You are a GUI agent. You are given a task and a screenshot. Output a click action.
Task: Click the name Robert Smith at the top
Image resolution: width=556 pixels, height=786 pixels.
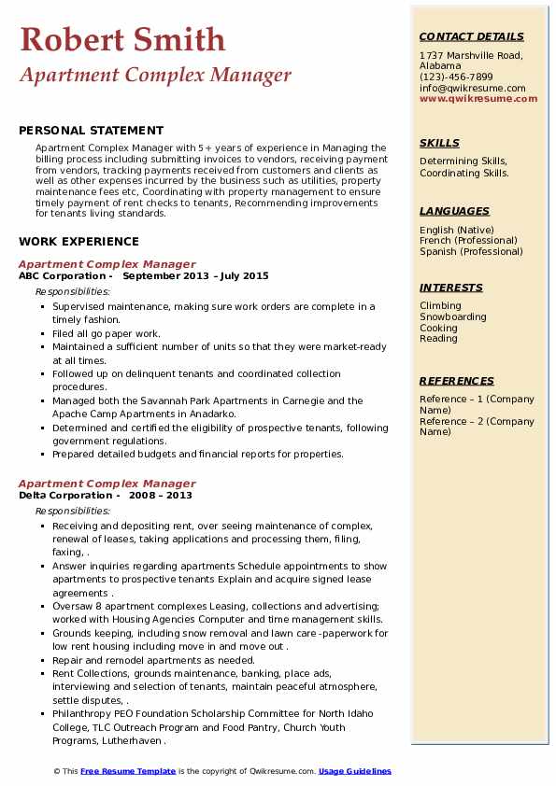click(122, 40)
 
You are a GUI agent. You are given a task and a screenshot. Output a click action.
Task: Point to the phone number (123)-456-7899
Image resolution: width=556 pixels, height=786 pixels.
click(456, 77)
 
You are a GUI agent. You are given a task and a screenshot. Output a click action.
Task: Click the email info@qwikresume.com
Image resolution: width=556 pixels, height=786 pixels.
click(472, 89)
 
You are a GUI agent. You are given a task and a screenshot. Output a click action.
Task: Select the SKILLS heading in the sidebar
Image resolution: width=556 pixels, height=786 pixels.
click(439, 143)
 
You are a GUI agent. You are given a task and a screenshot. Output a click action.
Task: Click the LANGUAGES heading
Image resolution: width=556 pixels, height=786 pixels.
click(454, 211)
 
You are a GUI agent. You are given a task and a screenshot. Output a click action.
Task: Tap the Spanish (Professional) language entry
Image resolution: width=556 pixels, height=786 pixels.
click(472, 251)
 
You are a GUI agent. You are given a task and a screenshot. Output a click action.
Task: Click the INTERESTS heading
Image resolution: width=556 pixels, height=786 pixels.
click(451, 288)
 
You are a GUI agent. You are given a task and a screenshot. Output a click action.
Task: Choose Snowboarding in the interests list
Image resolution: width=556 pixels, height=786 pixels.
click(453, 317)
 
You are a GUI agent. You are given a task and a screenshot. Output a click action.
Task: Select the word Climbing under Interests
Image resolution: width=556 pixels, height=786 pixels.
click(440, 306)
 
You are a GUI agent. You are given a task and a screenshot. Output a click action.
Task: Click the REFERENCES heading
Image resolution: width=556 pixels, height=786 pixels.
click(457, 381)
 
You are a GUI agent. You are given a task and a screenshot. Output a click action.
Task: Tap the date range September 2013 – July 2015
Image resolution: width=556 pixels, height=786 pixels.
click(195, 276)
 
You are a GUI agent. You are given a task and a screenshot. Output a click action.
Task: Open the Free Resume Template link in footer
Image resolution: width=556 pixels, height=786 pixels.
click(128, 772)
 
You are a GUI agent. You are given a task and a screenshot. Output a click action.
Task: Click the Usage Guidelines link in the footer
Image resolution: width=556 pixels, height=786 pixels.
click(355, 772)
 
